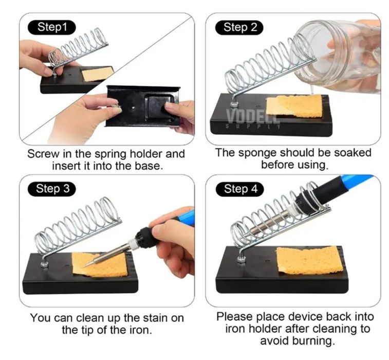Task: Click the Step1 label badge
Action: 52,27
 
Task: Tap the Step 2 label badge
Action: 239,27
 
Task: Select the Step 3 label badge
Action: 52,189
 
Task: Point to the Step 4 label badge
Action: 240,189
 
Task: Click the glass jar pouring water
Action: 340,56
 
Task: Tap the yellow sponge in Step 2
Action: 294,106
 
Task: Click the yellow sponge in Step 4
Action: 309,260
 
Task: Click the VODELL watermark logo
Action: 253,118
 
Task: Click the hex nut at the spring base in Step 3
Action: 44,266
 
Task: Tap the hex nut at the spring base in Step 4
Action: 240,260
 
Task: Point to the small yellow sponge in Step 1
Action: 98,74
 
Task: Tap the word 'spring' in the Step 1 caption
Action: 112,154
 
